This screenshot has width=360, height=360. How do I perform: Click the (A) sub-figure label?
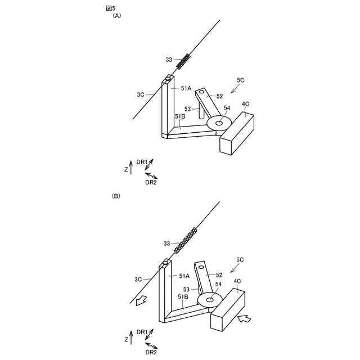pos(117,16)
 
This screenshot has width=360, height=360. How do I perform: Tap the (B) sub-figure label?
pos(116,196)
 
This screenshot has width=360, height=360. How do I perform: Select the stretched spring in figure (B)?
pos(186,240)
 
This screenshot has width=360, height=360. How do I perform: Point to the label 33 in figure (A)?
pos(169,59)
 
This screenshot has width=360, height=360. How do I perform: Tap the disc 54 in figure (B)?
pos(209,301)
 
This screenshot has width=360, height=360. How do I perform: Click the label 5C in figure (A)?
pos(240,80)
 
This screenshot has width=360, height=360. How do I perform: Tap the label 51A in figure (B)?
pos(184,276)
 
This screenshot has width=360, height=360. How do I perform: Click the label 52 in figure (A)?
pos(219,96)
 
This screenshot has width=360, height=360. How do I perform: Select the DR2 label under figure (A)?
pos(151,182)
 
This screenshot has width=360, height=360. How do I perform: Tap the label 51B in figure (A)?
pos(180,116)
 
